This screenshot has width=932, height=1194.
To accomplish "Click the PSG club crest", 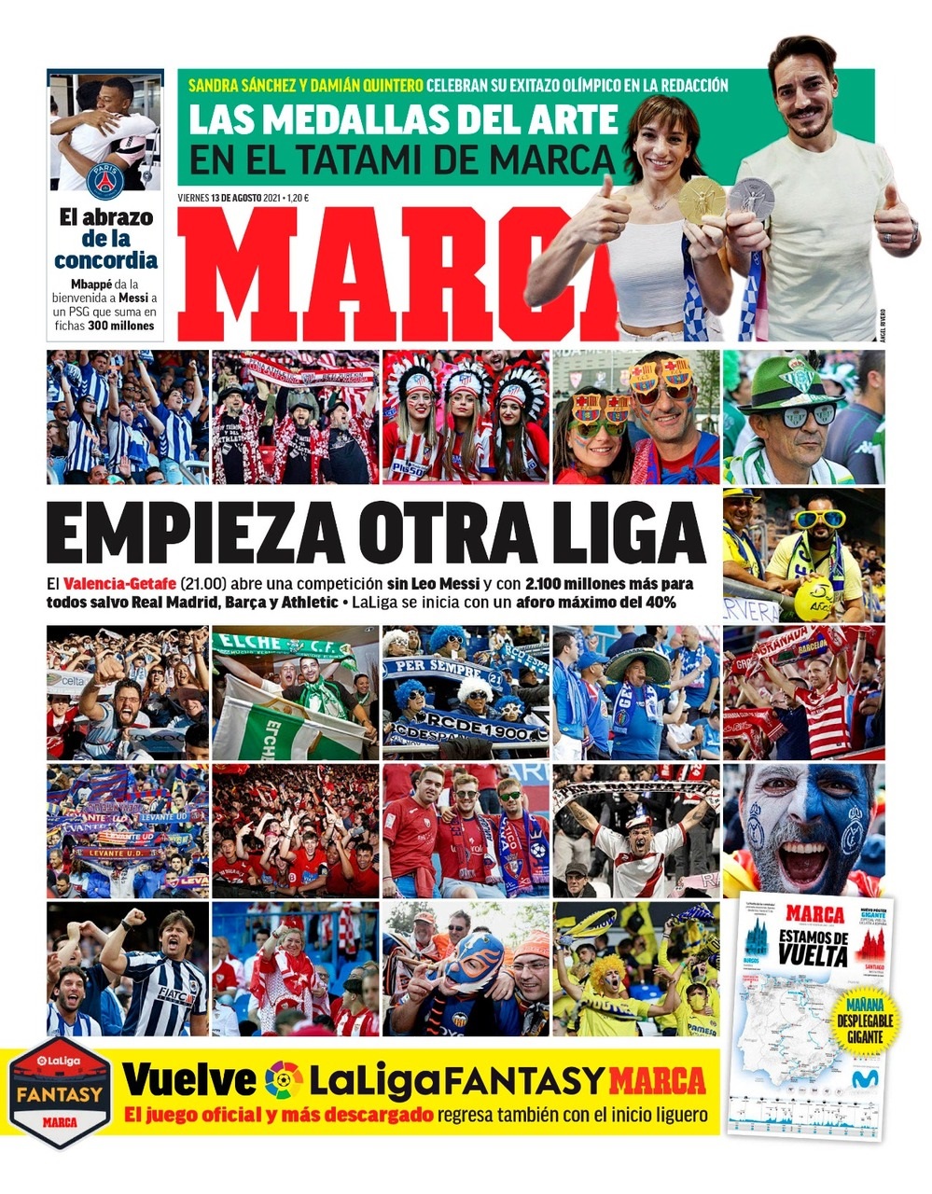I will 104,180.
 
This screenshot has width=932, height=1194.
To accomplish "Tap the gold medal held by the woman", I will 701,199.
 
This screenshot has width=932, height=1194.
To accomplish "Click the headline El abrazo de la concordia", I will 105,239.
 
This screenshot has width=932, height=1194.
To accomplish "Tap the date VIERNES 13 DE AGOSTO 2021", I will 230,198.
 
